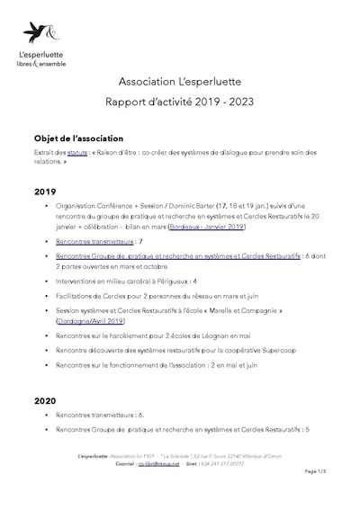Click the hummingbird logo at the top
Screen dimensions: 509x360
(41, 33)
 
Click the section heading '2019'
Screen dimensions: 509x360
(45, 192)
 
